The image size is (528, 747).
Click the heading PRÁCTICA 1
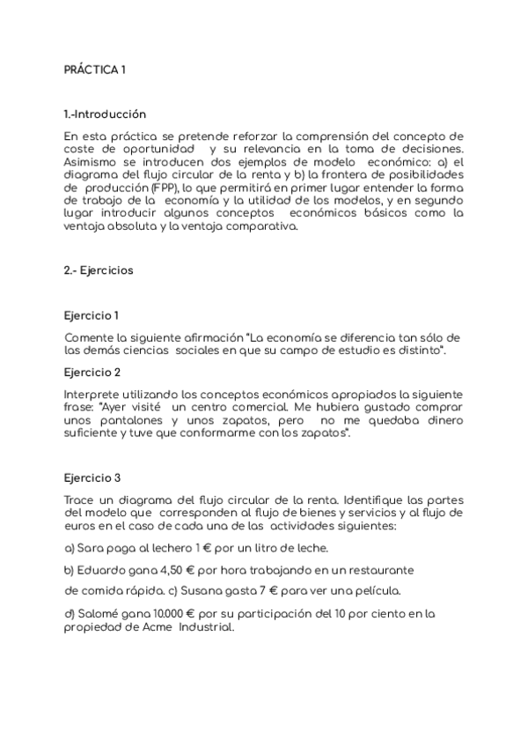click(95, 70)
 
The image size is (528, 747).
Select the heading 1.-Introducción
click(105, 115)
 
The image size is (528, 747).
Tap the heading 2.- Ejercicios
click(99, 270)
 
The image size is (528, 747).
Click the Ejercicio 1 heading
click(92, 315)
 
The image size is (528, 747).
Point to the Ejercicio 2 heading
click(92, 373)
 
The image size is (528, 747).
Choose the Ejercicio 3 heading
click(92, 478)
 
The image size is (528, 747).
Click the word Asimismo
click(92, 163)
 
